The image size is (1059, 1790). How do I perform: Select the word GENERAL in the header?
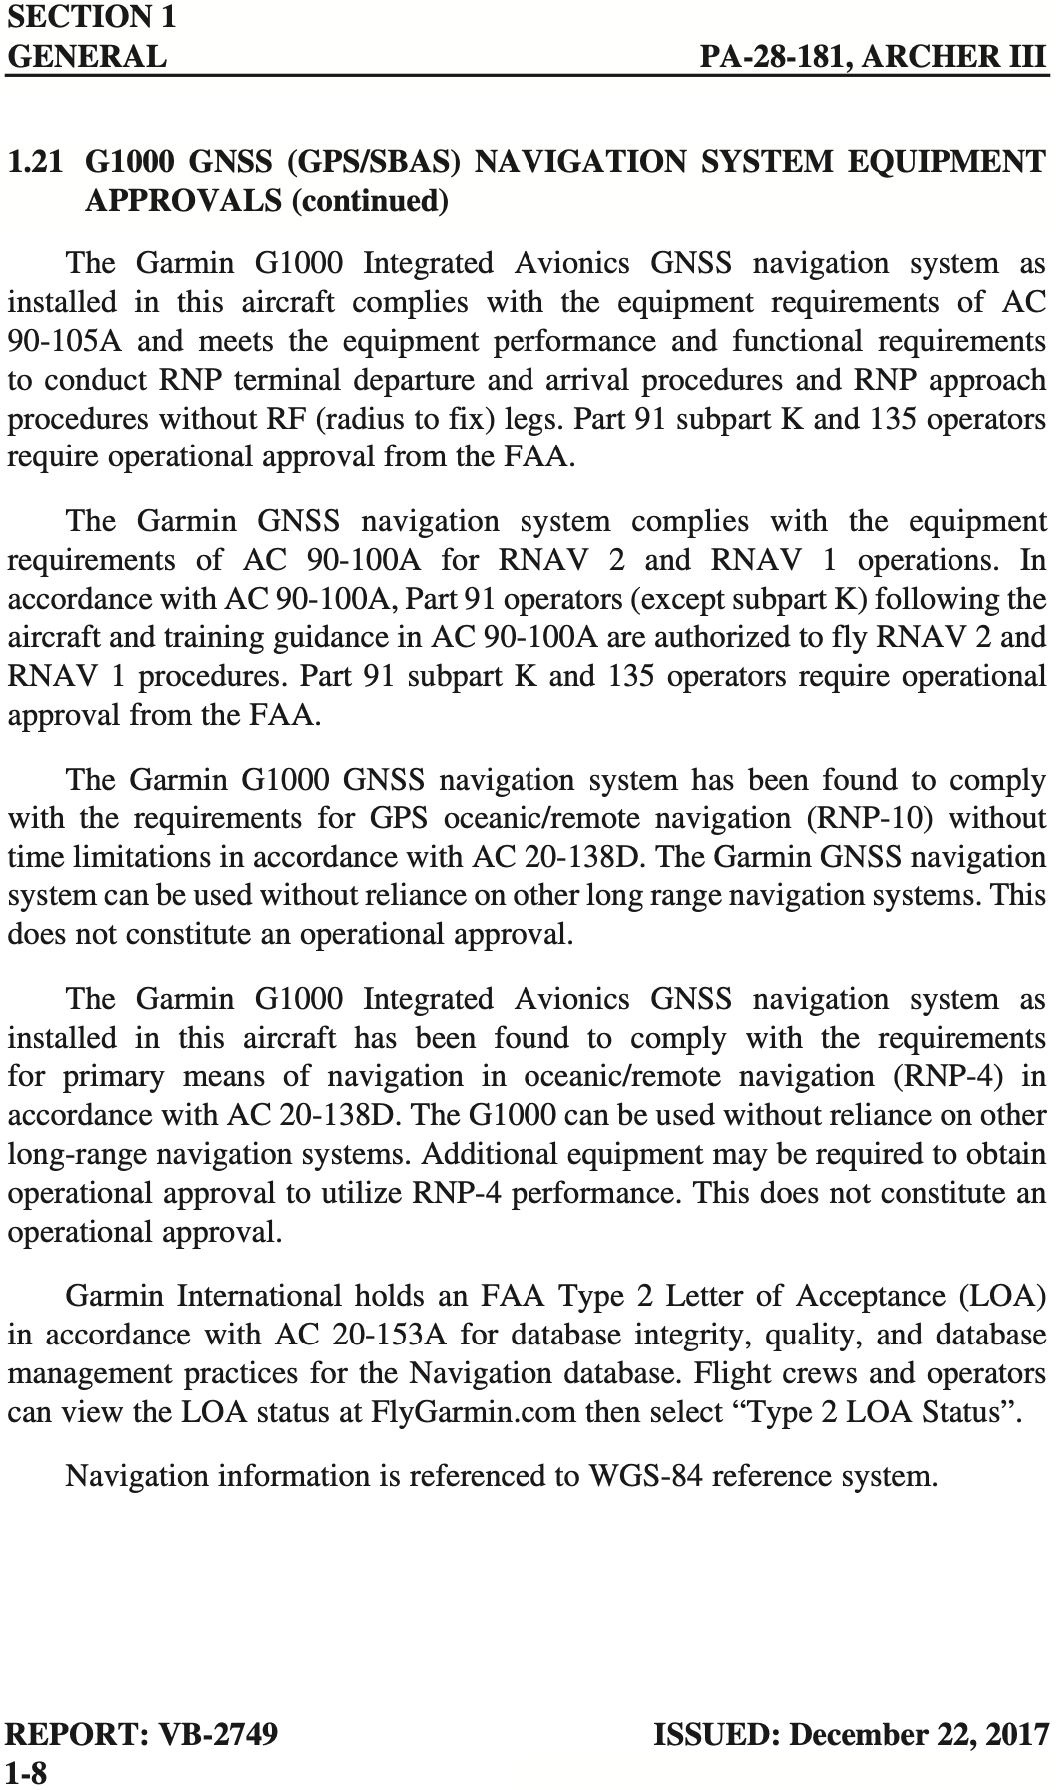pos(87,56)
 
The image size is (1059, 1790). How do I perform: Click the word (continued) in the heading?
pos(368,201)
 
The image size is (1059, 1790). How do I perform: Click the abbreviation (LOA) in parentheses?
pos(1002,1296)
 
